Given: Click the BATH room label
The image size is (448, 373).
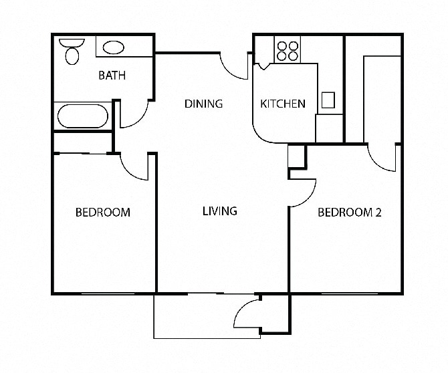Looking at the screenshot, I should [x=112, y=76].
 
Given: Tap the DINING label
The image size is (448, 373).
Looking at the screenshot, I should [x=203, y=104].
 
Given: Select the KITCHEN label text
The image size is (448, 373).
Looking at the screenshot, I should [x=282, y=104].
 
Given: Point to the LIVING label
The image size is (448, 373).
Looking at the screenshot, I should [x=220, y=211].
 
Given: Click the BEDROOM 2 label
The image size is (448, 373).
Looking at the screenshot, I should [x=349, y=213].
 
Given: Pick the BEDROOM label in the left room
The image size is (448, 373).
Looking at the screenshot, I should [x=102, y=213].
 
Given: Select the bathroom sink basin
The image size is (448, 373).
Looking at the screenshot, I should [x=114, y=47].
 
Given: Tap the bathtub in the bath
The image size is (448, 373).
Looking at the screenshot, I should [x=82, y=117].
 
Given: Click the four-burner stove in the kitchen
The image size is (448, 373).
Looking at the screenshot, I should [x=287, y=51].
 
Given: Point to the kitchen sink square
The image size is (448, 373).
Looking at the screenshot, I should [x=328, y=100].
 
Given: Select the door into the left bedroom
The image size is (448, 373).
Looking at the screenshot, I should [x=134, y=167].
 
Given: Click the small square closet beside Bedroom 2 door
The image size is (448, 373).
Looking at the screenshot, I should [x=296, y=156].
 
